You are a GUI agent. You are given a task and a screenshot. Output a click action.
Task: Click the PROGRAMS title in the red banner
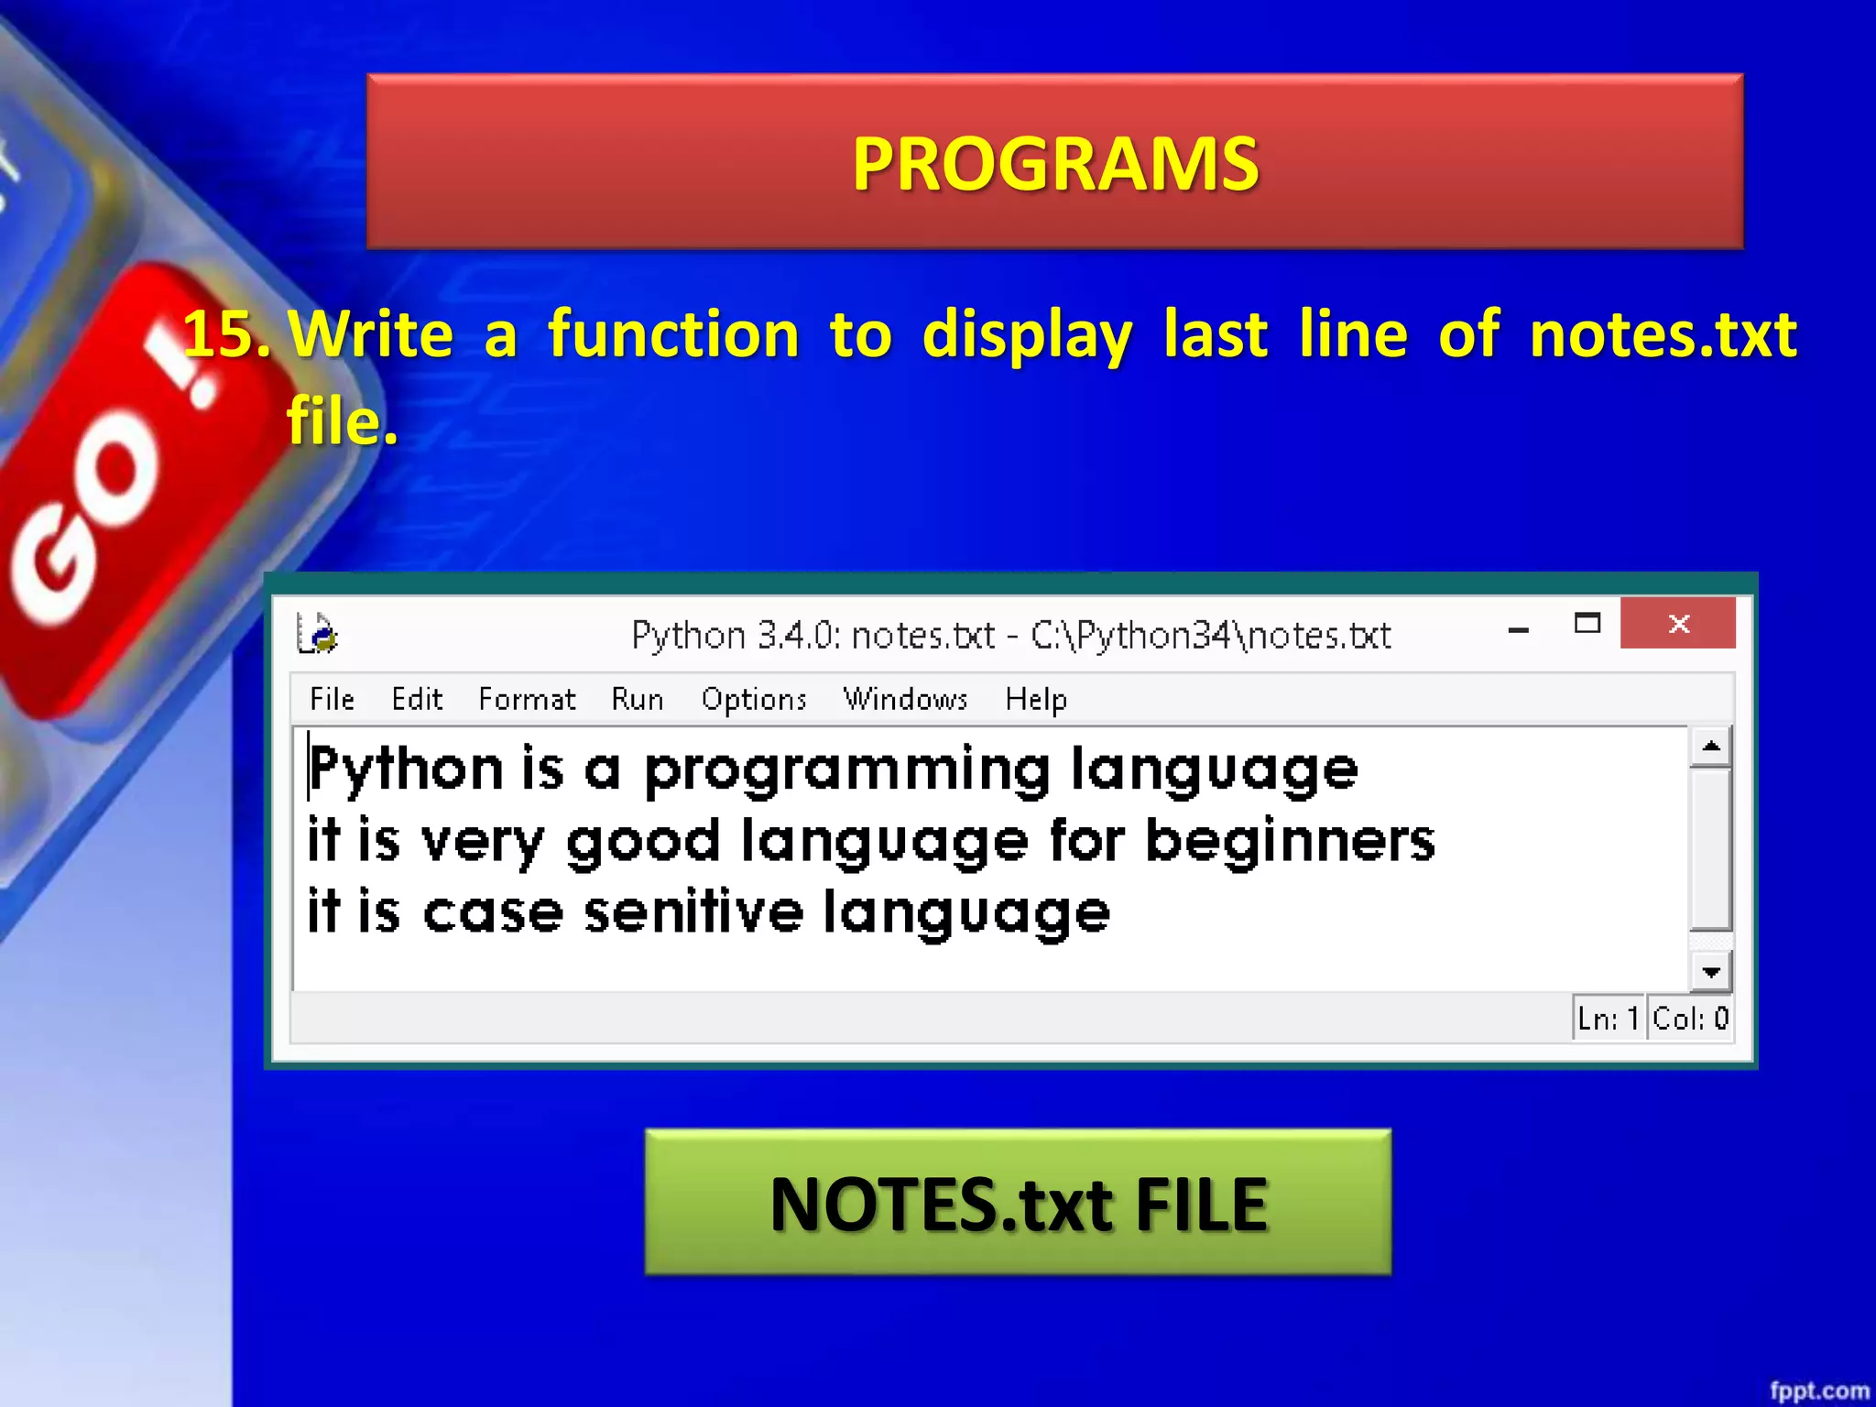tap(1055, 164)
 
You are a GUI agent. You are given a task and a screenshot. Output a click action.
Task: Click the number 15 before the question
tap(225, 333)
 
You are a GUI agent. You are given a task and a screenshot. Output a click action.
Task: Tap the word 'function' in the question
tap(673, 333)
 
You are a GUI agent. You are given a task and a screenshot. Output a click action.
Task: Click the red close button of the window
tap(1677, 624)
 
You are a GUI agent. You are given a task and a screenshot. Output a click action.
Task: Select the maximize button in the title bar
tap(1587, 624)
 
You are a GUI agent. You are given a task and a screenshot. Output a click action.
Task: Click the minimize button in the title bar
tap(1518, 629)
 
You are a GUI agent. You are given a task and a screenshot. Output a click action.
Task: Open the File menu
tap(332, 699)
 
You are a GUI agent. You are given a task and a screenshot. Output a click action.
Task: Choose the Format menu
tap(527, 699)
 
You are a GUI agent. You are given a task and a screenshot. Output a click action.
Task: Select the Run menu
tap(637, 699)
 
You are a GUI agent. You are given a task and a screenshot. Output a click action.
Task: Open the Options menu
tap(753, 699)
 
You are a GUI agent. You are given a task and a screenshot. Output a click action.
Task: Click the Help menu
tap(1035, 699)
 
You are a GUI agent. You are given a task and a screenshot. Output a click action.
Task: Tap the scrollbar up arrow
tap(1710, 747)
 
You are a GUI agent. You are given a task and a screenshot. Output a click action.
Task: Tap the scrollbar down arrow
tap(1710, 972)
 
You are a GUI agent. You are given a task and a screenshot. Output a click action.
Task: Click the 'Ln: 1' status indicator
tap(1608, 1018)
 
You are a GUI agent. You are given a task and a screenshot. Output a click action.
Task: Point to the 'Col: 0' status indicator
tap(1690, 1018)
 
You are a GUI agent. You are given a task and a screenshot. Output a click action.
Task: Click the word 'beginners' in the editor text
tap(1290, 841)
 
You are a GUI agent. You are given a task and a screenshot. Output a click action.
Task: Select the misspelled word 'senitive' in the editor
tap(693, 912)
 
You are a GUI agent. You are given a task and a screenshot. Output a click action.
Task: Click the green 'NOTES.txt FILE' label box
tap(1018, 1202)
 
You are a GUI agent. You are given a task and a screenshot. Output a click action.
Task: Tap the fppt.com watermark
tap(1818, 1391)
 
